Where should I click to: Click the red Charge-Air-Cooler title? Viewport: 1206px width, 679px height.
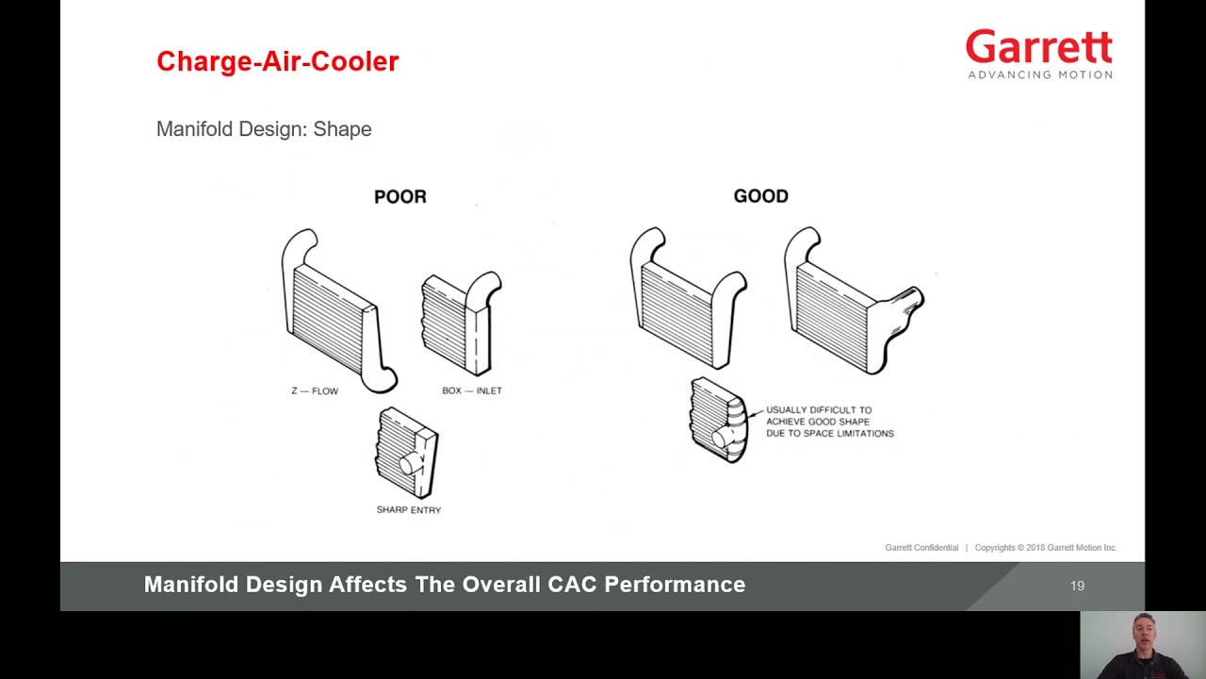coord(277,61)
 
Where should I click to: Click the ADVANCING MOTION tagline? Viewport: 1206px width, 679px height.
coord(1039,75)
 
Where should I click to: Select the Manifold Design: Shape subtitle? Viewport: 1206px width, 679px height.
coord(264,129)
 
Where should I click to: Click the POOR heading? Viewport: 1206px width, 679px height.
coord(400,196)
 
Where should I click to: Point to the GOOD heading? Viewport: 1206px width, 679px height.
coord(760,196)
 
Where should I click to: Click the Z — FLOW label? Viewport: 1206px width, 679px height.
coord(315,390)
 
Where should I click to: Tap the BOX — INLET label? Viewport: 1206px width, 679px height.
coord(472,390)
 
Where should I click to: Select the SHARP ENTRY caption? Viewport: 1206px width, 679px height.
coord(409,510)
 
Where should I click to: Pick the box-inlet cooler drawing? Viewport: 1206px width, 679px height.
coord(461,323)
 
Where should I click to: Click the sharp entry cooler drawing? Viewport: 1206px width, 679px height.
coord(407,454)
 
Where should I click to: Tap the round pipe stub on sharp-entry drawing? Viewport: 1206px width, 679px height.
coord(410,464)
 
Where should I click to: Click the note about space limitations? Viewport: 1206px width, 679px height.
coord(829,422)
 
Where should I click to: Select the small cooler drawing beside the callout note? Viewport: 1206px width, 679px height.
coord(718,420)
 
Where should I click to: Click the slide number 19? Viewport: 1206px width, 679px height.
coord(1077,586)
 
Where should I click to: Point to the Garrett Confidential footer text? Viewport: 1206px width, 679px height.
coord(921,548)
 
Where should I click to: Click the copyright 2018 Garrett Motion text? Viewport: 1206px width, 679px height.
coord(1046,548)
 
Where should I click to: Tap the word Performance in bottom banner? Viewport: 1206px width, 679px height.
coord(675,585)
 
